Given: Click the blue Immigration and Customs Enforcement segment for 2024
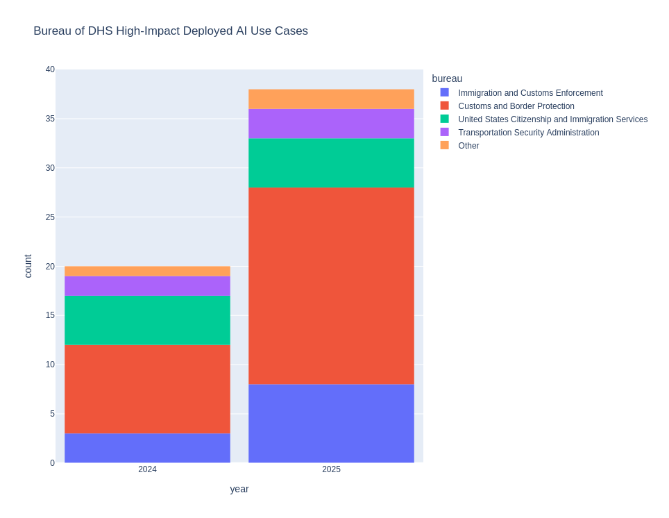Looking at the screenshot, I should pyautogui.click(x=147, y=448).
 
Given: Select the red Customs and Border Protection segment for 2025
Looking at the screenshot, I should pyautogui.click(x=331, y=285).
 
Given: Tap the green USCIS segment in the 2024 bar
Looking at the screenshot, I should pyautogui.click(x=147, y=320).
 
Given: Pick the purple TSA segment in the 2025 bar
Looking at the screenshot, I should pyautogui.click(x=331, y=124).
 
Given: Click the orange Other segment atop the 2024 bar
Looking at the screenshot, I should pyautogui.click(x=147, y=271).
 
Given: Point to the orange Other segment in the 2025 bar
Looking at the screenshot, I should pyautogui.click(x=331, y=99).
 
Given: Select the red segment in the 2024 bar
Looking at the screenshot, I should pyautogui.click(x=147, y=389).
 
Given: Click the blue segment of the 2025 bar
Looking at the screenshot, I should pyautogui.click(x=331, y=424).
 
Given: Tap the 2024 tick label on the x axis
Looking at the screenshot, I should pyautogui.click(x=147, y=469).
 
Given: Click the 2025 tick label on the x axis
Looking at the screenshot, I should pyautogui.click(x=331, y=469).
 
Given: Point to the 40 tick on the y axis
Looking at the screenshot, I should pyautogui.click(x=50, y=69).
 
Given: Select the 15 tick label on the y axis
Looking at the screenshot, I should pyautogui.click(x=50, y=315).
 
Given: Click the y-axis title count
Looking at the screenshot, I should pyautogui.click(x=28, y=266).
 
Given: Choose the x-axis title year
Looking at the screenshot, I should pyautogui.click(x=239, y=489).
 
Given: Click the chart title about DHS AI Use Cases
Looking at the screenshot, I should pyautogui.click(x=171, y=31).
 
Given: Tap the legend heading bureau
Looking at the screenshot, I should pyautogui.click(x=447, y=78).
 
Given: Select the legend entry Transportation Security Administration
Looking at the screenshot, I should pyautogui.click(x=528, y=133).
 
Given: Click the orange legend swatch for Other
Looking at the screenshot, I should pyautogui.click(x=444, y=145).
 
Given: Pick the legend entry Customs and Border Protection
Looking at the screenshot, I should pyautogui.click(x=516, y=106).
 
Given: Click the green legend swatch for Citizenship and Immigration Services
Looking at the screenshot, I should pyautogui.click(x=444, y=119).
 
